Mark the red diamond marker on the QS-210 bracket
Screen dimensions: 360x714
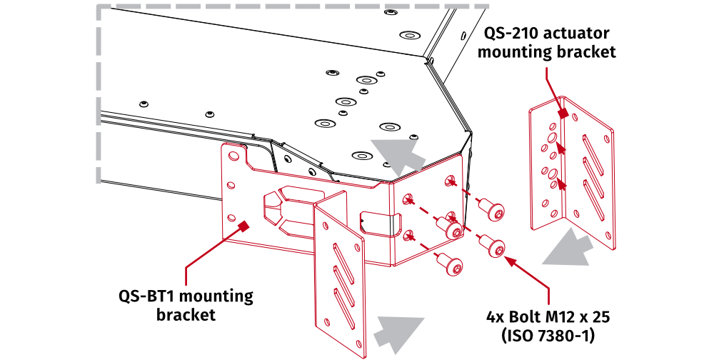(x=563, y=113)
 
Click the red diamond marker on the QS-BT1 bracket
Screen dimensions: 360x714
(x=243, y=226)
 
